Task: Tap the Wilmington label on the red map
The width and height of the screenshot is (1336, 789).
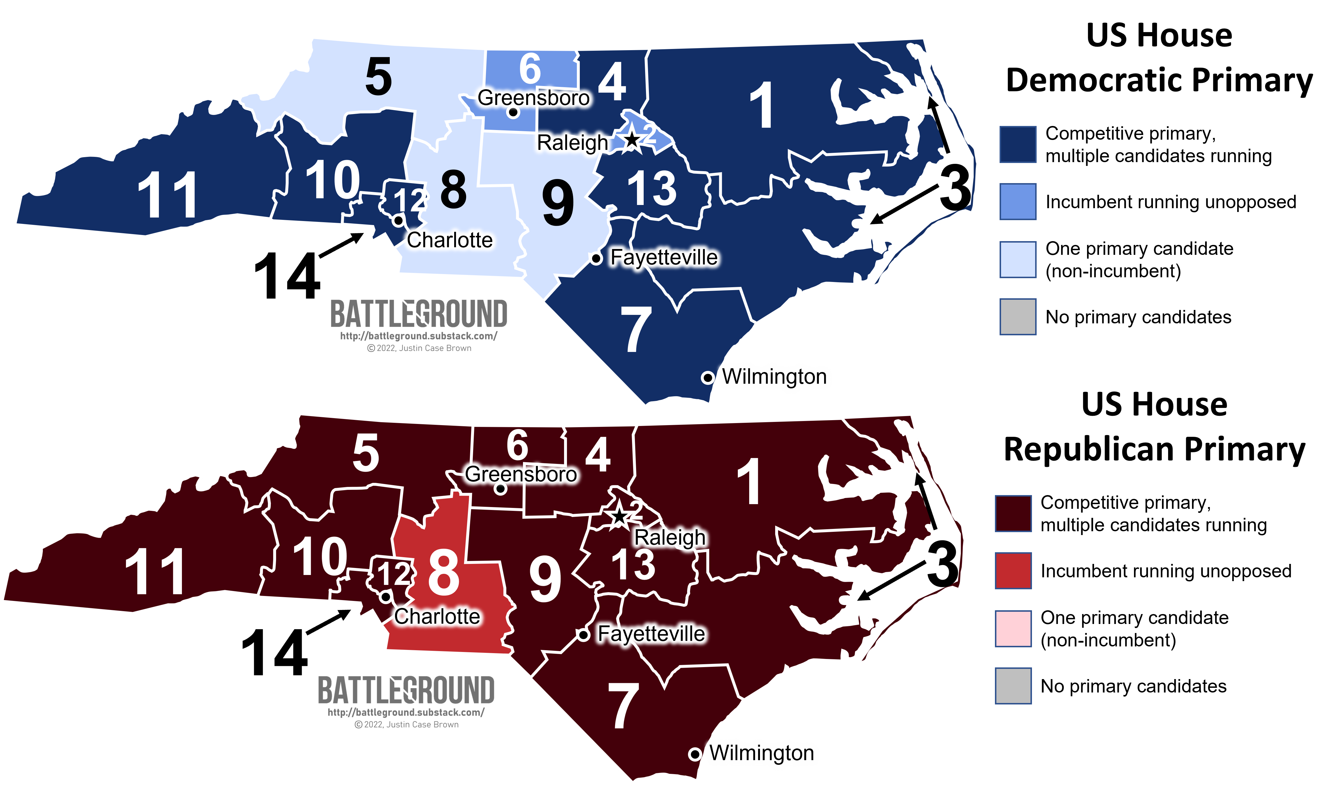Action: tap(761, 753)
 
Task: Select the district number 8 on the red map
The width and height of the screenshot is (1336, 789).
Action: tap(443, 573)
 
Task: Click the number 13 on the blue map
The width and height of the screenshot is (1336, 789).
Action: tap(652, 189)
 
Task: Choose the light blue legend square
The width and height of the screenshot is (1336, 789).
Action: tap(1018, 260)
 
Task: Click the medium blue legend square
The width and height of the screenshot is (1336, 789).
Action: tap(1018, 201)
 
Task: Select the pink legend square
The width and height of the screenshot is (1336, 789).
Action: tap(1013, 628)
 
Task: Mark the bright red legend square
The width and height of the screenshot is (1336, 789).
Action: tap(1013, 571)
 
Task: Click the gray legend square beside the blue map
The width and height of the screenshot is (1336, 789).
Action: tap(1018, 317)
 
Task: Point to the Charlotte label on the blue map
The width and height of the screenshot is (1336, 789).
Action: tap(450, 240)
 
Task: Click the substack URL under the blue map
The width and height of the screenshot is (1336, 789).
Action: tap(419, 336)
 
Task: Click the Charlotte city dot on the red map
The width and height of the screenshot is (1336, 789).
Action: tap(386, 597)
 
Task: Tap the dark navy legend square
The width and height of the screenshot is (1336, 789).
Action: tap(1018, 144)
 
